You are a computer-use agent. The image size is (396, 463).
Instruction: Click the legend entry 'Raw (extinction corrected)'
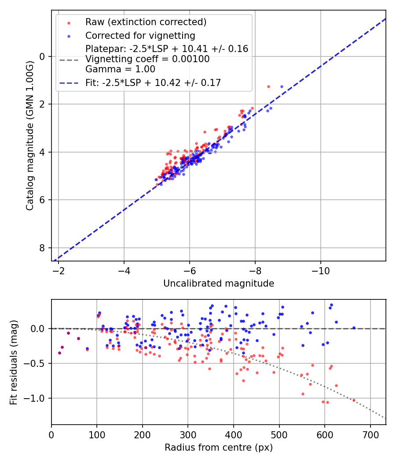point(146,22)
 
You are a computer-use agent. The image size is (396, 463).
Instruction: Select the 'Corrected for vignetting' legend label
point(140,35)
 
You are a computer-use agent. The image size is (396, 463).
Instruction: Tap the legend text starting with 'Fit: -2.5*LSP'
point(153,82)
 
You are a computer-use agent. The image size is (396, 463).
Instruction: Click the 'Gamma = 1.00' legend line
point(120,69)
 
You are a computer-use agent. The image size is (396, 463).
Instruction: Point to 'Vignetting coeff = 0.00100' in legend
point(147,59)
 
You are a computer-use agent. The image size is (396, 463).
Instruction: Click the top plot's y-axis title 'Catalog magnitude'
point(29,135)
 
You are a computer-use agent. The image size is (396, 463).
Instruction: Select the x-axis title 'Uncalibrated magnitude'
point(219,284)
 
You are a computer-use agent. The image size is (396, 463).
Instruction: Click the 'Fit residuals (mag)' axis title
point(14,362)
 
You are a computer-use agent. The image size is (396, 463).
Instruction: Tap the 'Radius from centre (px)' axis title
point(219,448)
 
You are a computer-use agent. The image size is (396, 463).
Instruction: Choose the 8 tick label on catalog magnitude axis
point(43,248)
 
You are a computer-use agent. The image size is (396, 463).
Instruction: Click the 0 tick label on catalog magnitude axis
point(43,56)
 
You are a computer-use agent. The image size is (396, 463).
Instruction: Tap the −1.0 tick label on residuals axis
point(37,398)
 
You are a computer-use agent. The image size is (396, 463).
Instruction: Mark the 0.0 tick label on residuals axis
point(39,329)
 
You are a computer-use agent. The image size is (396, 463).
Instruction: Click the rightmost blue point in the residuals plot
point(354,328)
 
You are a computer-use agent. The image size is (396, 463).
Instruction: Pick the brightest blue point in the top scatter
point(282,86)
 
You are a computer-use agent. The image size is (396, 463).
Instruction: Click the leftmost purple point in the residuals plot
point(59,353)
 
